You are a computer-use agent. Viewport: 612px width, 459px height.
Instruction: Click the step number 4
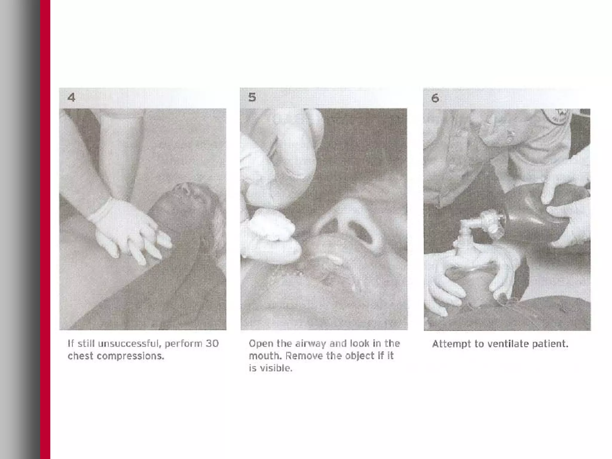tap(71, 97)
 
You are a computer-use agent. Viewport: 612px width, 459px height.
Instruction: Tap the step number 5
tap(252, 97)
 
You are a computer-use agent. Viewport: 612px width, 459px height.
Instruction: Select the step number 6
tap(435, 98)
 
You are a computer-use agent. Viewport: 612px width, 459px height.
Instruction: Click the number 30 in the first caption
tap(212, 343)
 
